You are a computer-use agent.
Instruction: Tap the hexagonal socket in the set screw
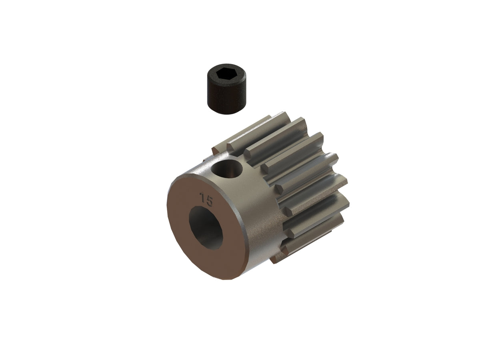(x=226, y=74)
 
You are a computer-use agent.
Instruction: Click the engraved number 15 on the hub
(x=206, y=199)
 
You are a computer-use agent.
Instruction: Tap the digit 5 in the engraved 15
(x=210, y=200)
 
